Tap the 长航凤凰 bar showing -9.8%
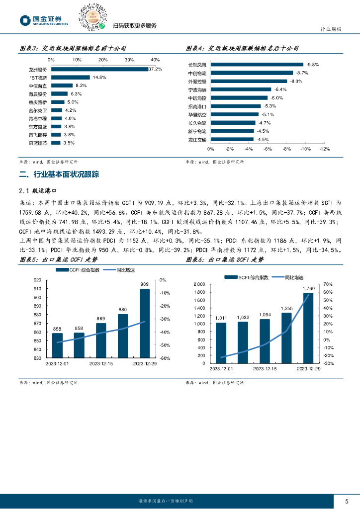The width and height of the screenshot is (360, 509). click(259, 64)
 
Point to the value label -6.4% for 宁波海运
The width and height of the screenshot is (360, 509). click(281, 89)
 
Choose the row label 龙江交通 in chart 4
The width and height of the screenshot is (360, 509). click(197, 140)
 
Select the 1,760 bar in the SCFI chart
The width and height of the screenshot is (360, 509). click(308, 328)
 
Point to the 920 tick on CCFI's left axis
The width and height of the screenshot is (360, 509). click(37, 288)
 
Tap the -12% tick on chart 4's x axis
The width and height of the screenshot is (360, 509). click(324, 149)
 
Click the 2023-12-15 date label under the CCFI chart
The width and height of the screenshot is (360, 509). click(101, 363)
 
